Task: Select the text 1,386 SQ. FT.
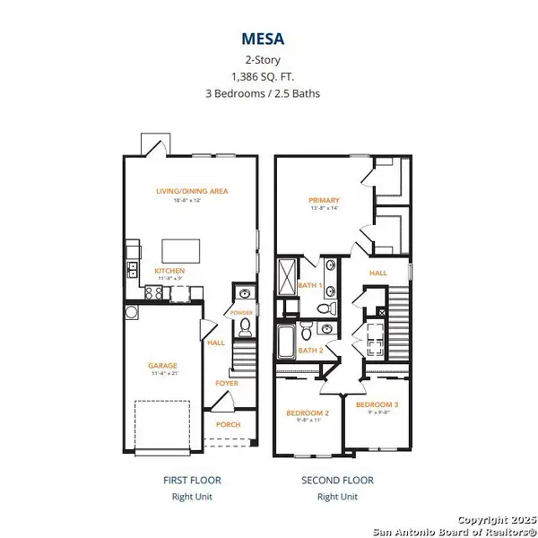[268, 78]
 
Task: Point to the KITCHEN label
[169, 270]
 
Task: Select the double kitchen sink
[132, 270]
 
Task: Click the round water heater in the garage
[131, 313]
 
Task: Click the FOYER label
[226, 383]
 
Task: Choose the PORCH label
[226, 425]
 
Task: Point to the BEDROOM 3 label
[376, 404]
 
